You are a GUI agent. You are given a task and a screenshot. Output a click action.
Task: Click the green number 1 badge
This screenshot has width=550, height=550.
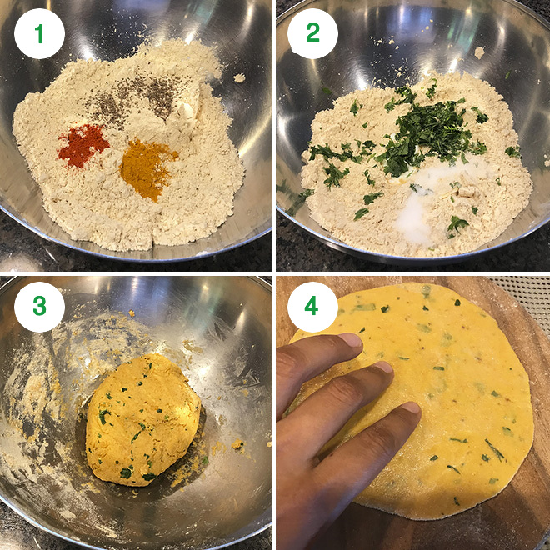39,33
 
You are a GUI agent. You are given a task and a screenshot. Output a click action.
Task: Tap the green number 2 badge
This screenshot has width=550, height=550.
312,33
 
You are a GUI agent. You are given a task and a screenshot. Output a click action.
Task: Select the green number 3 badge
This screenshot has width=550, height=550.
39,307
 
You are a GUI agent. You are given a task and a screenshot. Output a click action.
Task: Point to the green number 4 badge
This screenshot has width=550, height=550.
312,307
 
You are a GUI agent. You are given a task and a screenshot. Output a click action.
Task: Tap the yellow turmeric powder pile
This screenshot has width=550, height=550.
147,167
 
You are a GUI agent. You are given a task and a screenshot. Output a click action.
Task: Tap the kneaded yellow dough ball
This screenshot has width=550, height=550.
143,420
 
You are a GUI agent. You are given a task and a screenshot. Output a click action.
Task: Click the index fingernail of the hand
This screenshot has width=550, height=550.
351,340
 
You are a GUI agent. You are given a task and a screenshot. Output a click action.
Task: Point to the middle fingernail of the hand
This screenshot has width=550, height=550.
382,367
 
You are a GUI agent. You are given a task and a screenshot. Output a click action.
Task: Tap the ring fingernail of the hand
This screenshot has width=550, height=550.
411,408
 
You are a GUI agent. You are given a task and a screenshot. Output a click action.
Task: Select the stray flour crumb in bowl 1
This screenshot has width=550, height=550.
239,77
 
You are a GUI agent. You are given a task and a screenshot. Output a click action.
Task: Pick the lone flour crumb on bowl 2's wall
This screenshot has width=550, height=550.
479,52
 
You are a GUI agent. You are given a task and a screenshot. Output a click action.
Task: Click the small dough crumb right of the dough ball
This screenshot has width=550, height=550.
237,444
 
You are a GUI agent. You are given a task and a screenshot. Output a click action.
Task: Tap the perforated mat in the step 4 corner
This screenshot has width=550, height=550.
526,298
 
